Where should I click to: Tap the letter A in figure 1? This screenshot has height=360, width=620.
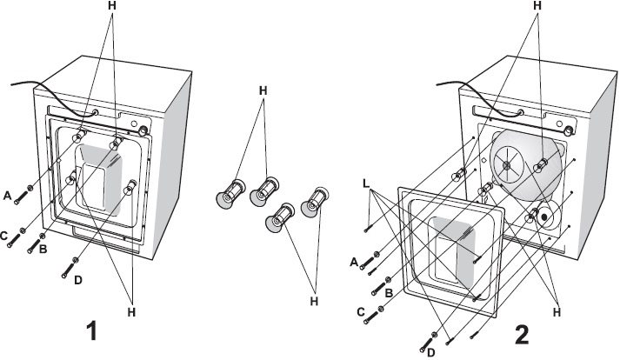[7, 197]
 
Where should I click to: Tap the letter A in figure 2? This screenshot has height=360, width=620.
[354, 261]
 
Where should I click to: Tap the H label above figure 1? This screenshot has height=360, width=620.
[110, 6]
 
